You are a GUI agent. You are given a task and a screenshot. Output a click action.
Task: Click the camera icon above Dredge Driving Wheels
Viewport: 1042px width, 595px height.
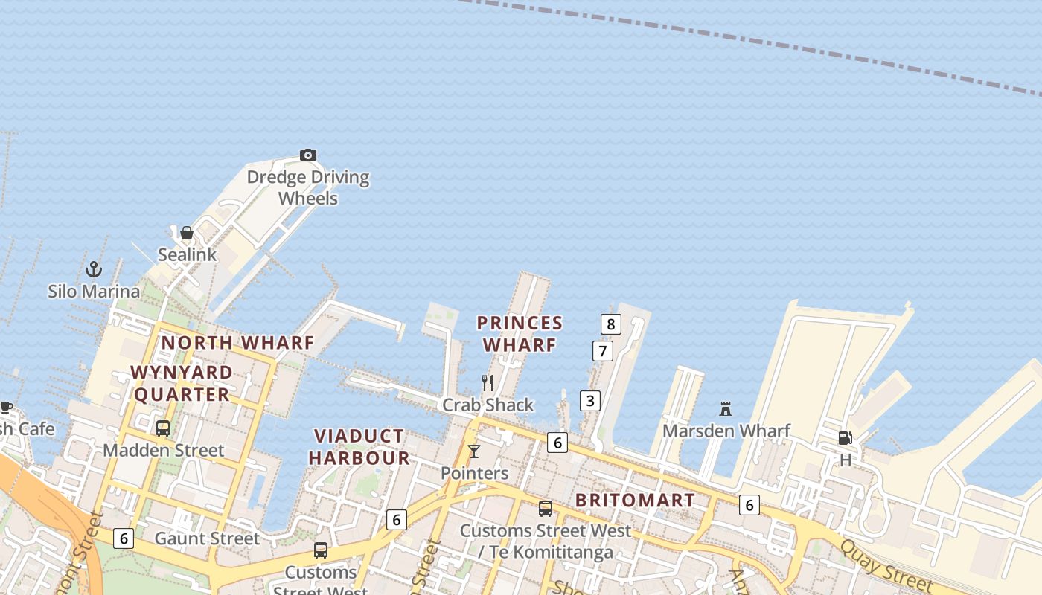tap(308, 155)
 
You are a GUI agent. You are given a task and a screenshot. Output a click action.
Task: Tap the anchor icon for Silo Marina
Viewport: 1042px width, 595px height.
tap(94, 268)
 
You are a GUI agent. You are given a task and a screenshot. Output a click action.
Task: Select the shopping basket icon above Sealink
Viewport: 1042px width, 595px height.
tap(187, 233)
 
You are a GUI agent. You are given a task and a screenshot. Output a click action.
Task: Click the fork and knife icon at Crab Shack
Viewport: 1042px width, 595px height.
tap(488, 383)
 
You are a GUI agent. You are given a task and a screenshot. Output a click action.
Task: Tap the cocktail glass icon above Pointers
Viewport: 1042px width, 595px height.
tap(474, 451)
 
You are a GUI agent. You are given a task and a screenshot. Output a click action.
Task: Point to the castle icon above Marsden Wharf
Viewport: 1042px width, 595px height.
tap(726, 408)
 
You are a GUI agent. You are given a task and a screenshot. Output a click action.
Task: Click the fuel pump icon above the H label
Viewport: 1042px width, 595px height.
tap(845, 438)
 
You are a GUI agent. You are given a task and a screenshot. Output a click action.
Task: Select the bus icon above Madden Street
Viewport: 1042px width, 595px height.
tap(163, 428)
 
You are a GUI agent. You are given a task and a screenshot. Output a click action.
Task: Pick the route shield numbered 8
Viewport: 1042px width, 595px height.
tap(611, 324)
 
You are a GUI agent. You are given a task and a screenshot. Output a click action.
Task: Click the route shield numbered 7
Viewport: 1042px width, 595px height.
tap(603, 350)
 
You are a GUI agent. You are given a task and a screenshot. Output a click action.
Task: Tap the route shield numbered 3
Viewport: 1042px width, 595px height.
tap(590, 401)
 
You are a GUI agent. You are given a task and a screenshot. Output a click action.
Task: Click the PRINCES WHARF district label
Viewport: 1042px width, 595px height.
tap(520, 334)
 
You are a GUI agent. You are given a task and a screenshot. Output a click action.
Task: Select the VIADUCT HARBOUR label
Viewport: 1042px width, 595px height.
tap(359, 447)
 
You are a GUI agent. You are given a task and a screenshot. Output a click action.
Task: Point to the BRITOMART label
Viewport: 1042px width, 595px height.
tap(635, 500)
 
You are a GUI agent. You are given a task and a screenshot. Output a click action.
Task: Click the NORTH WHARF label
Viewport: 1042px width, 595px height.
tap(238, 343)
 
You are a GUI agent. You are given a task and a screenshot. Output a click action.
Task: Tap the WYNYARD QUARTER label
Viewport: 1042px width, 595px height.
tap(182, 383)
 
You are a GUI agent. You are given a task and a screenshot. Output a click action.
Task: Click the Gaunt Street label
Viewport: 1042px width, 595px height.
tap(207, 538)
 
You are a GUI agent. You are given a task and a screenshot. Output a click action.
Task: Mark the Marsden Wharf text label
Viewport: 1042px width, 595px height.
tap(726, 431)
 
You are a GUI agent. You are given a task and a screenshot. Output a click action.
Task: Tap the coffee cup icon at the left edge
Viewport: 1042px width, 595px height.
tap(6, 407)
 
